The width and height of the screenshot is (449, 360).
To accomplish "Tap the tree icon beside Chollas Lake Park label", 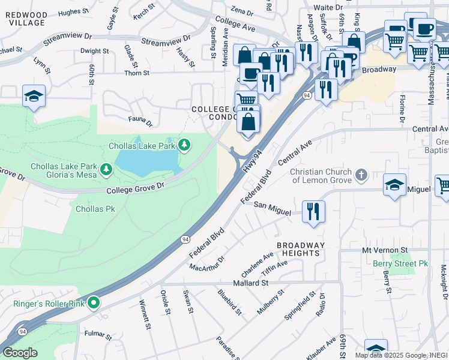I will (185, 145).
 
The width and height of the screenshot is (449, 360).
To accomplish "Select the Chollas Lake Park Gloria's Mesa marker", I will (107, 170).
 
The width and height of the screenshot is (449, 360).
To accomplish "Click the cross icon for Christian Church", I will (360, 175).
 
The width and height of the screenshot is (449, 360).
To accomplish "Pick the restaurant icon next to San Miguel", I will (313, 211).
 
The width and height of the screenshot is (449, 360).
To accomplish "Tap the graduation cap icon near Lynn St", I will (34, 95).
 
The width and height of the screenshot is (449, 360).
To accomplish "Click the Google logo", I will (20, 352).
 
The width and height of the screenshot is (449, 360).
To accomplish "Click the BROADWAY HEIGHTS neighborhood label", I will (300, 249).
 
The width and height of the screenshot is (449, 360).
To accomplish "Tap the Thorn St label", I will (137, 73).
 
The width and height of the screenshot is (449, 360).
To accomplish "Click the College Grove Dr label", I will (135, 188).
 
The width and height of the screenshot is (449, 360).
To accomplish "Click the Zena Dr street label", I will (243, 11).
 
